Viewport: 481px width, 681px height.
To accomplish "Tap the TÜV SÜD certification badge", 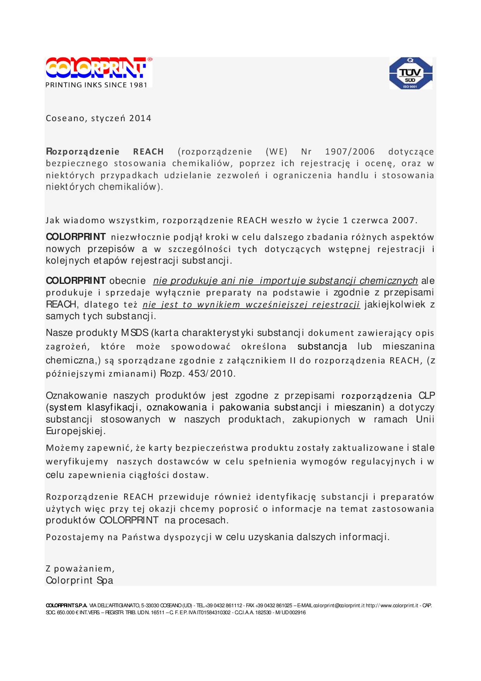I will coord(410,73).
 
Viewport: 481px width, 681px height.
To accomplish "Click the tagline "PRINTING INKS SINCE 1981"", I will coord(97,85).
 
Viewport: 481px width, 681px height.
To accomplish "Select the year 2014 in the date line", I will coord(140,118).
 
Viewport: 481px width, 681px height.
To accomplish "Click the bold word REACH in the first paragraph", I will coord(149,152).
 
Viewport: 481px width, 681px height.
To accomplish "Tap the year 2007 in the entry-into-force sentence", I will coord(403,221).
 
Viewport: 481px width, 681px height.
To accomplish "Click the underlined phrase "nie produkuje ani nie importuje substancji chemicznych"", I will coord(285,281).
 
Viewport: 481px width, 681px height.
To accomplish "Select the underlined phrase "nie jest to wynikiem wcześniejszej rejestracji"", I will coord(251,305).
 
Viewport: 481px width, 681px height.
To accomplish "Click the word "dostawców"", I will coord(183,462).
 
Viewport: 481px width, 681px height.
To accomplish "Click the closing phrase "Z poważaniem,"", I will coord(80,569).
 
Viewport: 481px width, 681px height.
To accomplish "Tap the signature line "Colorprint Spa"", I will coord(80,580).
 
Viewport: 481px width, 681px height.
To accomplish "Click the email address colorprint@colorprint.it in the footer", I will coord(339,606).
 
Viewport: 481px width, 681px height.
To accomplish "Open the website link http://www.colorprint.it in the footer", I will coord(392,606).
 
